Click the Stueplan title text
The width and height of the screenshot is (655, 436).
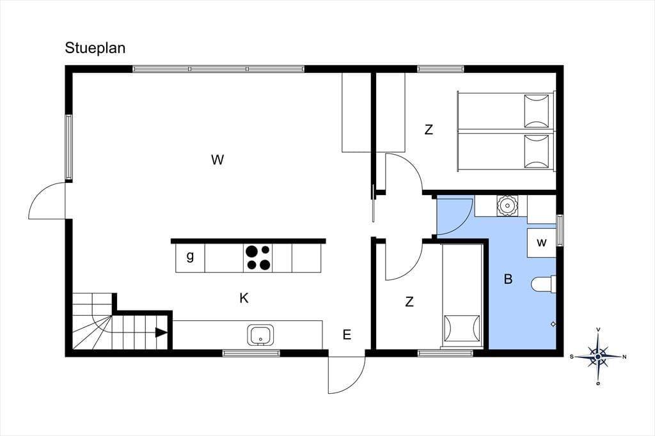click(95, 49)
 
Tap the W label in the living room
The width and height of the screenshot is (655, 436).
click(217, 160)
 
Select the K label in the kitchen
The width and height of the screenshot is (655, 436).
click(244, 298)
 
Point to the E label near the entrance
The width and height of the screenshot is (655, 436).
click(347, 334)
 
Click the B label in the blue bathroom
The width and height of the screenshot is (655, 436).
click(508, 279)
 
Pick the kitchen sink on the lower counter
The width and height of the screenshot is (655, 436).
click(261, 335)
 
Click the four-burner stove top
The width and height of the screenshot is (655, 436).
click(258, 258)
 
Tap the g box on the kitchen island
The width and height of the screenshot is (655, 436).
click(190, 258)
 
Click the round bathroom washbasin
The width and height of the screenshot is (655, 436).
click(507, 205)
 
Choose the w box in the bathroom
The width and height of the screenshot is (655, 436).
click(541, 243)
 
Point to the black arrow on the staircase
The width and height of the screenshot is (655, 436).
click(161, 332)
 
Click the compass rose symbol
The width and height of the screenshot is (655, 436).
click(598, 357)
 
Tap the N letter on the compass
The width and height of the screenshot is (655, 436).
click(624, 357)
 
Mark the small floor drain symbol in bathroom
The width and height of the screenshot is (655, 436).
click(553, 323)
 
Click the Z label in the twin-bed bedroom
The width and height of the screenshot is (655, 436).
click(429, 130)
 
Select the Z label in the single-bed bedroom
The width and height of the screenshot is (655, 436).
click(409, 301)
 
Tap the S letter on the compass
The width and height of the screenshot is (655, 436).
click(571, 357)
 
